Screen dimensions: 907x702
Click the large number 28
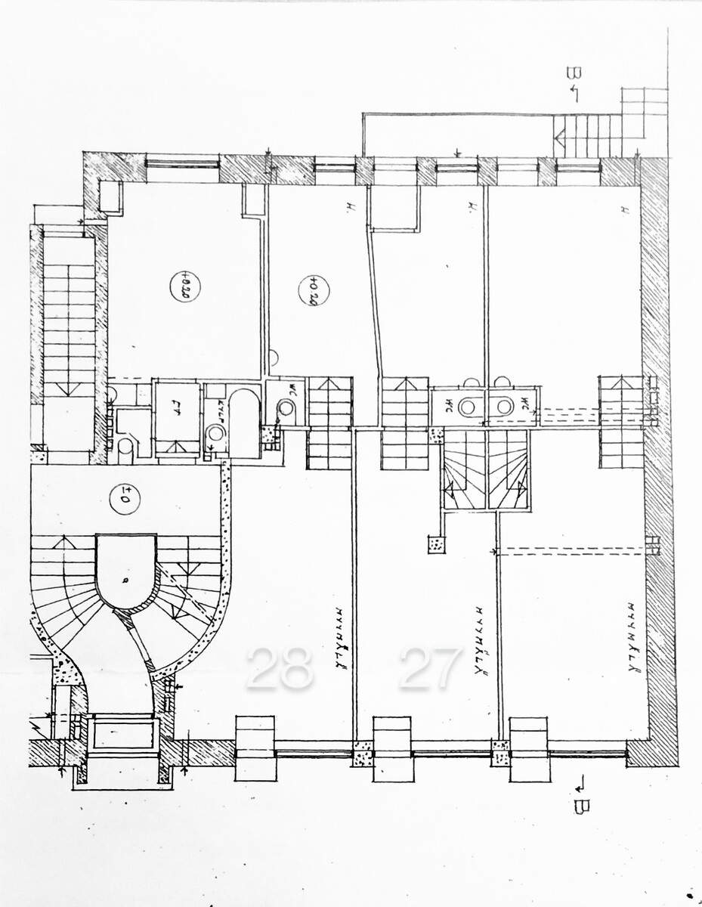pyautogui.click(x=279, y=667)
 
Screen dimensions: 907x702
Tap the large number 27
pyautogui.click(x=430, y=667)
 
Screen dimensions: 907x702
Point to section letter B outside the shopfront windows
pyautogui.click(x=580, y=803)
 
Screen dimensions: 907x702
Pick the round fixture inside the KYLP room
pyautogui.click(x=216, y=433)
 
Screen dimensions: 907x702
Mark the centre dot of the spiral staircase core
pyautogui.click(x=125, y=579)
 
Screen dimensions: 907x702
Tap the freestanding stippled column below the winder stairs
pyautogui.click(x=436, y=543)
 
